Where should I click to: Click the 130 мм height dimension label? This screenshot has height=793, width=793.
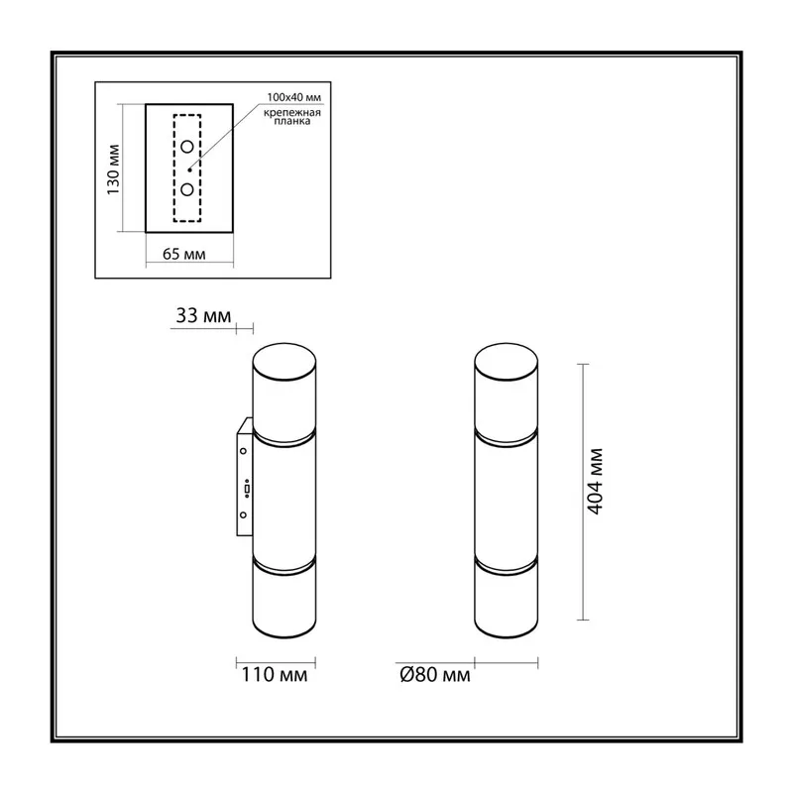[113, 170]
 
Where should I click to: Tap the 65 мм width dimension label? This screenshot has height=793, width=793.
[184, 254]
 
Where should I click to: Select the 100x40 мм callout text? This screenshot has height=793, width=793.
[293, 97]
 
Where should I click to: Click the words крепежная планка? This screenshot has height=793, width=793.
[292, 117]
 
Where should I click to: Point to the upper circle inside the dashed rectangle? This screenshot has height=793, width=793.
[187, 147]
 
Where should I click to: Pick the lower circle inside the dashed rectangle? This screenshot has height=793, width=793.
[187, 189]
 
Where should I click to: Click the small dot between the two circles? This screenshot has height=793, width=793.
[189, 170]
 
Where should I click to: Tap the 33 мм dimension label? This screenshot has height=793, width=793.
[203, 315]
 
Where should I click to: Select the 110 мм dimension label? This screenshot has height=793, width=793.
[275, 675]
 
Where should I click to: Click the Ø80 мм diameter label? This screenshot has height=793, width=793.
[435, 675]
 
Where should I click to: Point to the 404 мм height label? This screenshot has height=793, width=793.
[596, 481]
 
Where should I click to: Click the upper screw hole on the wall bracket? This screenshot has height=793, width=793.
[243, 451]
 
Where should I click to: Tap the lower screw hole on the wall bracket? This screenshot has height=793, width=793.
[243, 514]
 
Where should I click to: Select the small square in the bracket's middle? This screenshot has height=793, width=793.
[247, 489]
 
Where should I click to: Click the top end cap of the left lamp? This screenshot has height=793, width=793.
[284, 362]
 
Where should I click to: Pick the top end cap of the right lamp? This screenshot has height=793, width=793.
[507, 362]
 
